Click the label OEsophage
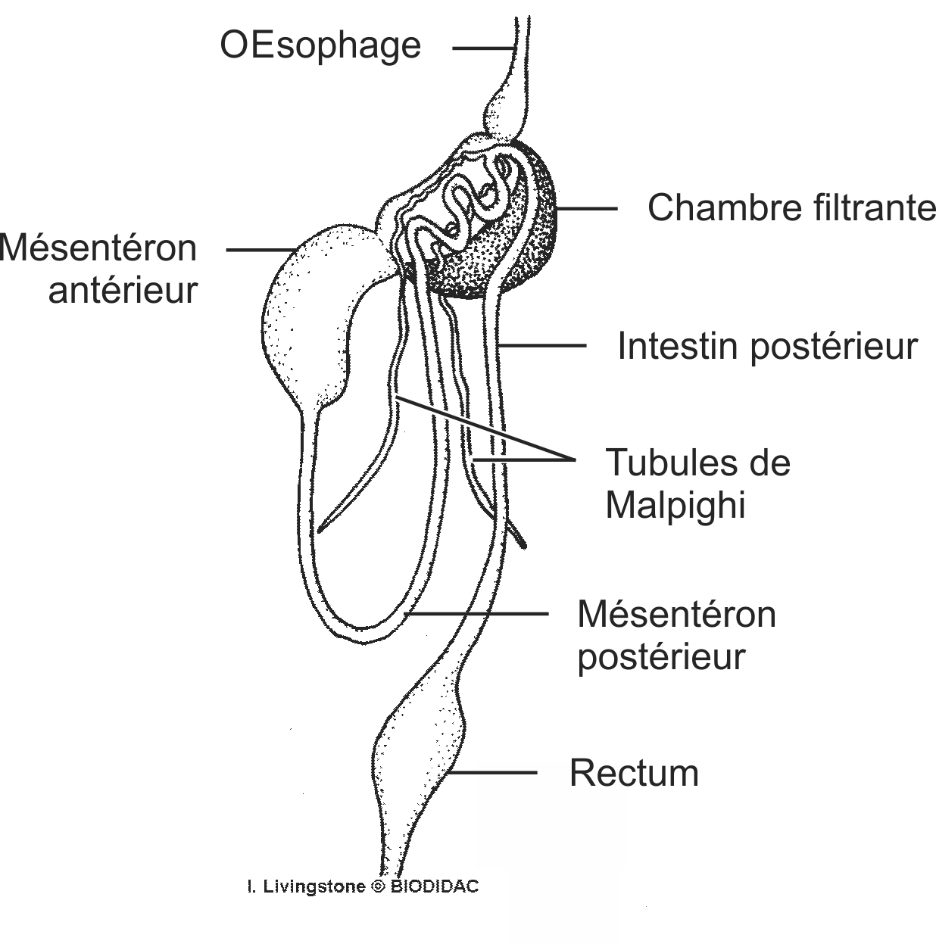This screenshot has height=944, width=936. tap(320, 45)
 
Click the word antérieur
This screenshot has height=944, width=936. tap(123, 290)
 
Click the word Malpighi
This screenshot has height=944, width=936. tap(675, 505)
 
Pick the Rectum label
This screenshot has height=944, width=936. tap(634, 773)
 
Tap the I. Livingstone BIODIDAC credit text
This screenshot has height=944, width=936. tap(363, 886)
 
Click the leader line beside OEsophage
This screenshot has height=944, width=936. tap(482, 48)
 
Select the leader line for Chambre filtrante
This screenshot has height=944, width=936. tap(587, 208)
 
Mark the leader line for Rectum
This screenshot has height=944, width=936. tap(492, 773)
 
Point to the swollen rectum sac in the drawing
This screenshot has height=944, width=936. tap(420, 746)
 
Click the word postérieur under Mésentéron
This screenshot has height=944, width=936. tap(661, 656)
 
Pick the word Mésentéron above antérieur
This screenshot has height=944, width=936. tap(98, 248)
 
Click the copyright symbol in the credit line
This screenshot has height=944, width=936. tap(378, 886)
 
